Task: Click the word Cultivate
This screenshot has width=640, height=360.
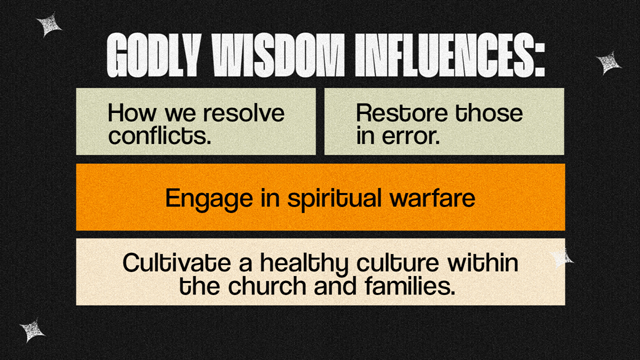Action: tap(165, 263)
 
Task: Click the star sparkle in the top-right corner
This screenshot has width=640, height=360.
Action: tap(608, 63)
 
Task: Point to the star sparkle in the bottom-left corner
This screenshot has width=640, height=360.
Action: tap(33, 330)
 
